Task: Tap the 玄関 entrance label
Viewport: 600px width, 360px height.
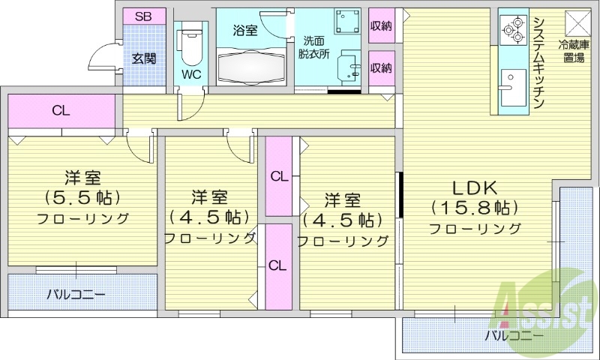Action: point(144,58)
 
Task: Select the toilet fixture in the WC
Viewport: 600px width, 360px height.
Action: point(190,45)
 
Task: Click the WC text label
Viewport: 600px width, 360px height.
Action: point(190,75)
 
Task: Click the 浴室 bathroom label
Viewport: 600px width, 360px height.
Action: point(245,31)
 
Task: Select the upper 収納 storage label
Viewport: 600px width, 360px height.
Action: point(382,26)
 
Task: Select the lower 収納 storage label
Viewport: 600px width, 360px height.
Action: point(382,68)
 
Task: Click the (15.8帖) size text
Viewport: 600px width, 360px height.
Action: point(475,207)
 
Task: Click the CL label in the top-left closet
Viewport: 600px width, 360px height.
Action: point(61,111)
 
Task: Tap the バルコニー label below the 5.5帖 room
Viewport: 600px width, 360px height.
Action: point(76,294)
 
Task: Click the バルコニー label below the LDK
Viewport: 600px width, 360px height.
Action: point(514,335)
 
